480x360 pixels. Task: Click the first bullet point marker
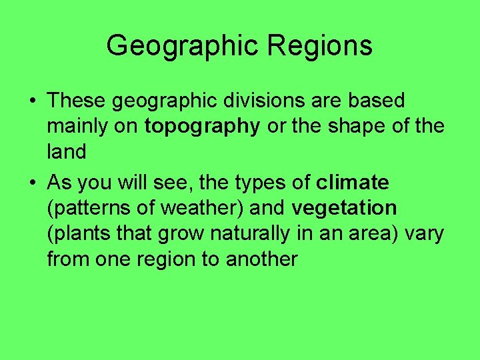(33, 101)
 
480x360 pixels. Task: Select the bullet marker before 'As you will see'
(33, 183)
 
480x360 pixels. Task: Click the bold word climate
(353, 182)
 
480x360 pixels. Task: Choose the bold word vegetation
(344, 208)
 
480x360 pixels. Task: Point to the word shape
(357, 127)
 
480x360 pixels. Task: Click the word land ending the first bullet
(67, 153)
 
